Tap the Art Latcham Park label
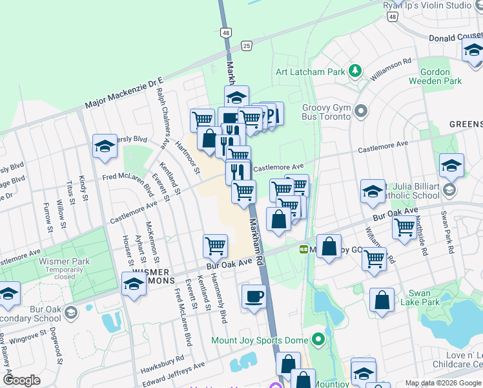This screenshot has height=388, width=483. [310, 72]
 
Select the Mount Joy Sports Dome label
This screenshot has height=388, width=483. [260, 339]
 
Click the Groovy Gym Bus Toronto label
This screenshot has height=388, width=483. [326, 112]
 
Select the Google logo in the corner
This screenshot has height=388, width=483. [21, 380]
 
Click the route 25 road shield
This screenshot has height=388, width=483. [247, 45]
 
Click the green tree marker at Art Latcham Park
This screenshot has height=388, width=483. [354, 70]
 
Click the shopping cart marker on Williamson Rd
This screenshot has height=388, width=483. [375, 259]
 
